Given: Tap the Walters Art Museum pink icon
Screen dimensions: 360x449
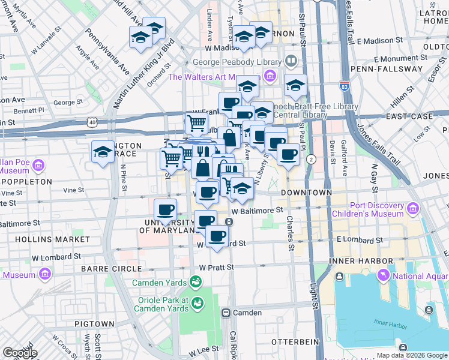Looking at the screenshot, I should pyautogui.click(x=270, y=77).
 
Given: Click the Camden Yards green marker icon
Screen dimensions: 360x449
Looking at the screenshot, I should pyautogui.click(x=195, y=281).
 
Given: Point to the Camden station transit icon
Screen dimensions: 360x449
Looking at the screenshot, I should pyautogui.click(x=226, y=313).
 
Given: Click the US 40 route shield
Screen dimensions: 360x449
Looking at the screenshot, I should pyautogui.click(x=92, y=122).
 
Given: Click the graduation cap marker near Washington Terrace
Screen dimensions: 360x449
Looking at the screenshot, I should pyautogui.click(x=103, y=152).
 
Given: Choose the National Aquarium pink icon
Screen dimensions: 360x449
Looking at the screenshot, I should pyautogui.click(x=382, y=275).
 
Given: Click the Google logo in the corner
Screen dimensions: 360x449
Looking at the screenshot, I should pyautogui.click(x=19, y=352).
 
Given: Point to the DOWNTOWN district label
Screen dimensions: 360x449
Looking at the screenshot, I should pyautogui.click(x=309, y=193).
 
